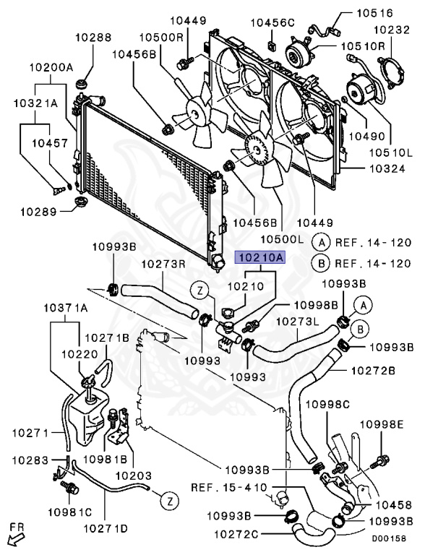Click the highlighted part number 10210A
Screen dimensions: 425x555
pos(260,257)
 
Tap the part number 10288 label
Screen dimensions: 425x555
pos(93,37)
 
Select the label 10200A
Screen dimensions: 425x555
pos(51,67)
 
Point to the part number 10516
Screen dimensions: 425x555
pos(374,13)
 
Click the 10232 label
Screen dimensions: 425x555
pos(392,30)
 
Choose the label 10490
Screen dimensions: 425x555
pos(367,136)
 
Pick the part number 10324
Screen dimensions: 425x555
pos(387,168)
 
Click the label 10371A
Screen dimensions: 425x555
pos(66,308)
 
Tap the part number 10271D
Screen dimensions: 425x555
pos(106,528)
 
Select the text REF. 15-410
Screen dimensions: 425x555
pos(229,487)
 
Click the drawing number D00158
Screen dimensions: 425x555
pos(389,538)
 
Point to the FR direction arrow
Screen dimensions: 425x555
pos(16,540)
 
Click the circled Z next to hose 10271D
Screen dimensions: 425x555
pos(170,501)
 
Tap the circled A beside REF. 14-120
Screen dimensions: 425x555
pos(321,243)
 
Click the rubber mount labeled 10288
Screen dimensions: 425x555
pos(82,86)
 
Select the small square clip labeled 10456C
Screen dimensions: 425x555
pos(272,46)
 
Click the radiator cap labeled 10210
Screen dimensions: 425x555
pos(227,313)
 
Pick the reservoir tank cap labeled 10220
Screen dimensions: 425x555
pos(88,382)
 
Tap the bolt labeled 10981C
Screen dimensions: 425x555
pos(70,489)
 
